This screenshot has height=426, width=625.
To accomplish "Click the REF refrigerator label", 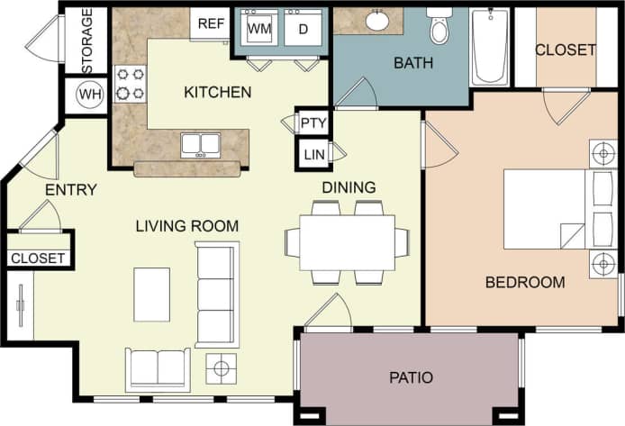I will pyautogui.click(x=210, y=23).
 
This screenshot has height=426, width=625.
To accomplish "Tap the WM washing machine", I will pyautogui.click(x=259, y=29).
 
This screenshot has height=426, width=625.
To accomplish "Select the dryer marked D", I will pyautogui.click(x=302, y=29).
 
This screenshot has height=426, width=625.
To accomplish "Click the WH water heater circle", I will pyautogui.click(x=89, y=95).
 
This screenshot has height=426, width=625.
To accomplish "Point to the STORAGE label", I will pyautogui.click(x=87, y=41).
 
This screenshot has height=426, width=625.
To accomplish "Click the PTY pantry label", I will pyautogui.click(x=313, y=122).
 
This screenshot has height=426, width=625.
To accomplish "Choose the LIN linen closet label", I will pyautogui.click(x=313, y=155).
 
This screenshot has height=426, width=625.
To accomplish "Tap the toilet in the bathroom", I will pyautogui.click(x=439, y=28).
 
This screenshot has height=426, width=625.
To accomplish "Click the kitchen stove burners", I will pyautogui.click(x=130, y=83).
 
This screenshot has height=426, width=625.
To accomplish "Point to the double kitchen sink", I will pyautogui.click(x=200, y=144).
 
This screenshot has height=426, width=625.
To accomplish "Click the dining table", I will pyautogui.click(x=347, y=241).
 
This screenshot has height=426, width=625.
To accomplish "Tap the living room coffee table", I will pyautogui.click(x=152, y=294).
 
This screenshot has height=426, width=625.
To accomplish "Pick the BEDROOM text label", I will pyautogui.click(x=525, y=282).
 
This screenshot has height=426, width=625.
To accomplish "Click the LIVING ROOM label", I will pyautogui.click(x=187, y=226).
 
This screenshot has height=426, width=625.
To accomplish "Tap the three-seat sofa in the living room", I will pyautogui.click(x=215, y=294).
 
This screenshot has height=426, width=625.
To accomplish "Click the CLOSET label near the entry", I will pyautogui.click(x=38, y=258).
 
